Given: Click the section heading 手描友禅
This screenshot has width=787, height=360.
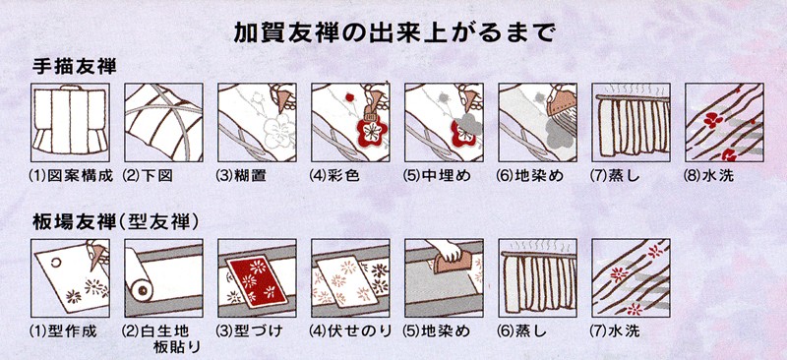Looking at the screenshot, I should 76,69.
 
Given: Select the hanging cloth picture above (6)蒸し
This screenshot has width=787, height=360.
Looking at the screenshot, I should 538,279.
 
